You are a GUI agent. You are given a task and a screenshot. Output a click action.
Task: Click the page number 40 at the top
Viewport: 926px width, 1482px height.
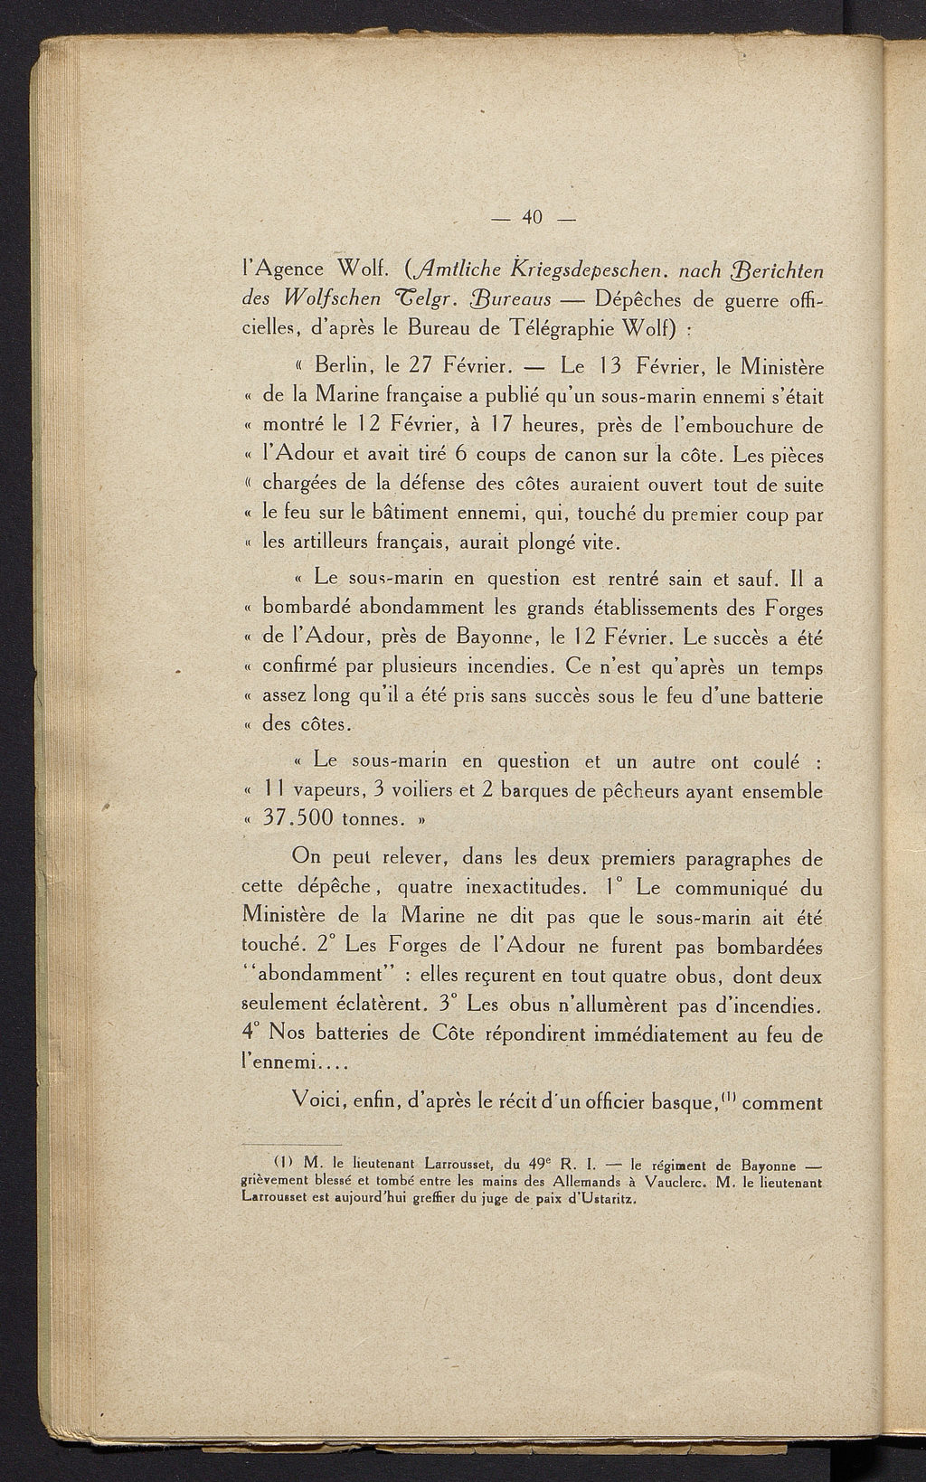point(531,217)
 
